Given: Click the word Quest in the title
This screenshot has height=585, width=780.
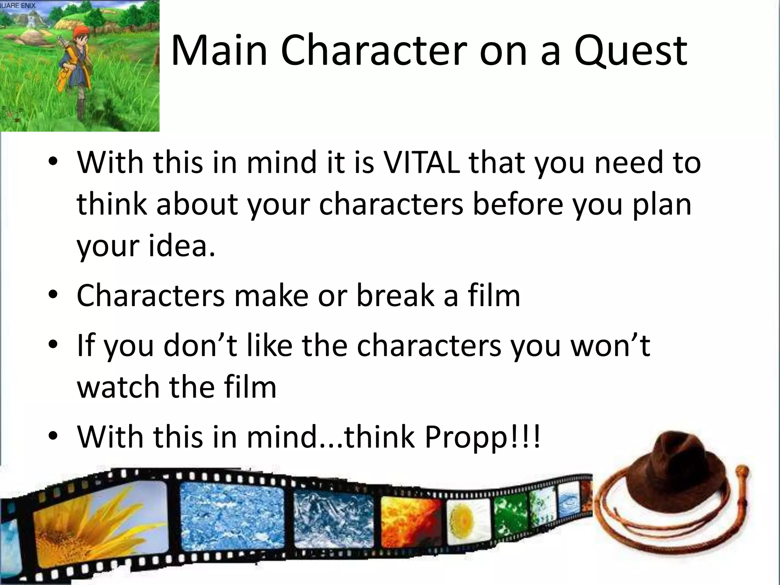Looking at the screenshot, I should click(x=631, y=51).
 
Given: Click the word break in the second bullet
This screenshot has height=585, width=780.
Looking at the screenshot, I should click(x=395, y=296).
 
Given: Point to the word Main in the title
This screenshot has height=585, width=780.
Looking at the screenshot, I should click(x=219, y=51).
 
